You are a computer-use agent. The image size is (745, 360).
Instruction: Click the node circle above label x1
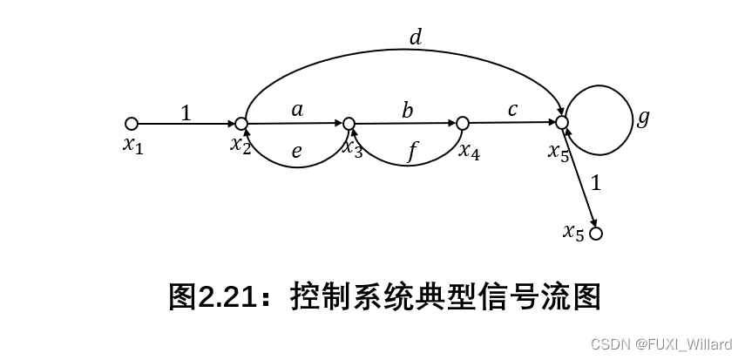click(x=132, y=123)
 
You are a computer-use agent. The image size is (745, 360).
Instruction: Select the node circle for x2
click(x=241, y=123)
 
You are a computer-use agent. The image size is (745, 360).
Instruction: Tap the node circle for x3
click(x=349, y=123)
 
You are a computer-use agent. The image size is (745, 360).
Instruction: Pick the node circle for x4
click(x=463, y=123)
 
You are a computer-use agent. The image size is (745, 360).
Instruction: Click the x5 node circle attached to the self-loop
click(x=562, y=123)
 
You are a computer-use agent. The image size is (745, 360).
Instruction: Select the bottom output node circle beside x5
click(x=596, y=234)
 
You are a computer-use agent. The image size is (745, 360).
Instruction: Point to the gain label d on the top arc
click(x=415, y=37)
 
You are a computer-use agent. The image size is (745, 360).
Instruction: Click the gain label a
click(x=297, y=109)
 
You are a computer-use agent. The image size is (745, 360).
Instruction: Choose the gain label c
click(x=512, y=109)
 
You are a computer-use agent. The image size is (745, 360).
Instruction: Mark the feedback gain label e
click(x=297, y=152)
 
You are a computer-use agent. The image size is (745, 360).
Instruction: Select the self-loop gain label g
click(x=643, y=118)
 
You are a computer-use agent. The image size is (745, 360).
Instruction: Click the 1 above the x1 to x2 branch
click(x=186, y=112)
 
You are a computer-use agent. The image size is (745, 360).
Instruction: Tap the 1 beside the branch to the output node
click(x=596, y=183)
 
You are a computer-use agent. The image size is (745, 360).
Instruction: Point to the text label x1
click(x=132, y=145)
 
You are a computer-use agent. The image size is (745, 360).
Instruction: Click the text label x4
click(x=469, y=150)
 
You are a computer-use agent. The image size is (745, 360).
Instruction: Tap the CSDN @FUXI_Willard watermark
click(x=661, y=345)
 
